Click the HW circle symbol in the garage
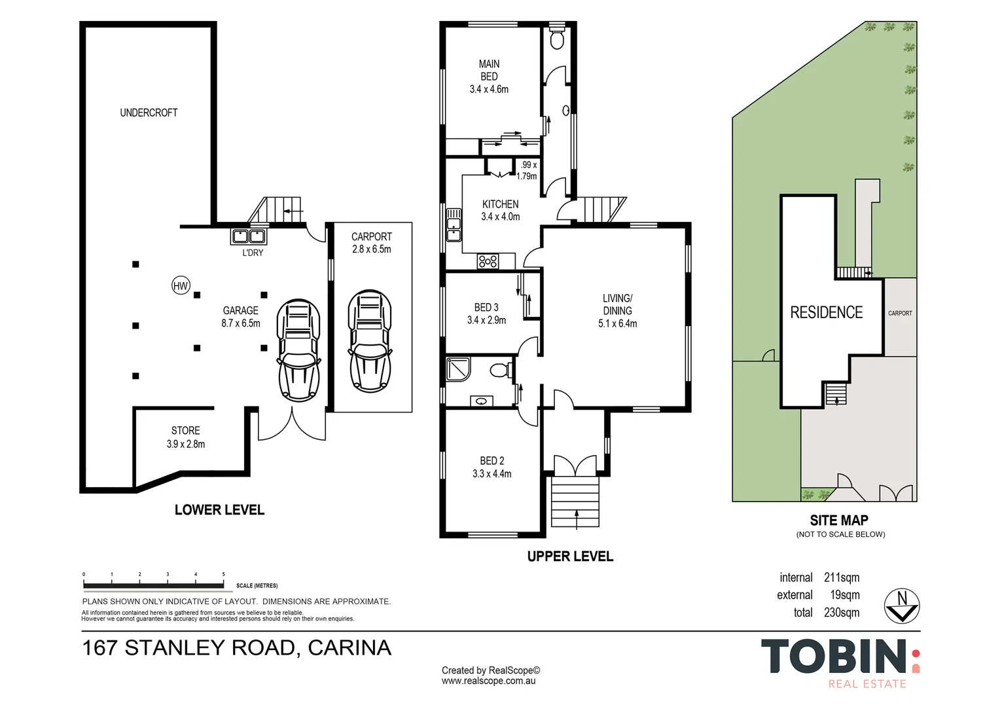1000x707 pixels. click(181, 285)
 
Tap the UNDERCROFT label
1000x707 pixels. click(149, 113)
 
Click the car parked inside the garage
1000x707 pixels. click(299, 350)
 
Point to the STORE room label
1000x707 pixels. click(185, 431)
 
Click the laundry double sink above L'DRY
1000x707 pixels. click(249, 236)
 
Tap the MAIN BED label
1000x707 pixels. click(489, 70)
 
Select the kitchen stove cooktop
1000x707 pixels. click(488, 261)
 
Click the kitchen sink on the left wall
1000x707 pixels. click(453, 226)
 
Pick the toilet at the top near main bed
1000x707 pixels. click(557, 40)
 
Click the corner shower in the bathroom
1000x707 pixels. click(457, 369)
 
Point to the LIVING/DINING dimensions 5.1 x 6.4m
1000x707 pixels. click(617, 323)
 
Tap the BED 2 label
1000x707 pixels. click(491, 461)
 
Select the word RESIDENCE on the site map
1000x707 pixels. click(826, 313)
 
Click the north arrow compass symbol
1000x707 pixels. click(902, 606)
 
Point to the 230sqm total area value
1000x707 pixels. click(842, 613)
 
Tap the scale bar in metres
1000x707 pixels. click(154, 585)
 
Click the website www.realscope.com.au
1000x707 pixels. click(488, 681)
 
